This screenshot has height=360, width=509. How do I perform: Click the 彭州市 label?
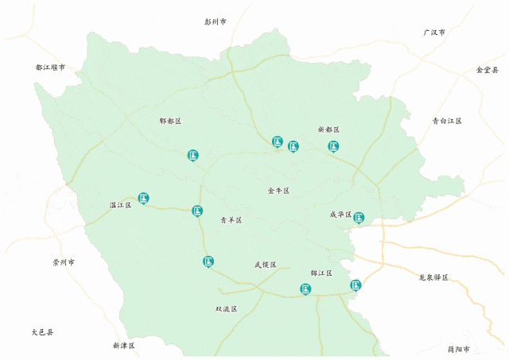(x=216, y=22)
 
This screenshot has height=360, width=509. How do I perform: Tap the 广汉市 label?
(x=434, y=33)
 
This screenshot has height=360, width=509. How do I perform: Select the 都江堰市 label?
(x=50, y=68)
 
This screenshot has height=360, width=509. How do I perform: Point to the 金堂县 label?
(x=487, y=70)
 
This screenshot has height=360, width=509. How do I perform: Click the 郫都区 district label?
(x=170, y=121)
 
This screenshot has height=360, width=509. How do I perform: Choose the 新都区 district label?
(x=328, y=129)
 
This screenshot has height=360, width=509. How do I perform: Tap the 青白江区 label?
(x=447, y=121)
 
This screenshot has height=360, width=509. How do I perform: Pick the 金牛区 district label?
(x=278, y=191)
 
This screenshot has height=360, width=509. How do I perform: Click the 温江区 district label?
(x=120, y=205)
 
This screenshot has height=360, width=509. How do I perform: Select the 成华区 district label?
(x=340, y=215)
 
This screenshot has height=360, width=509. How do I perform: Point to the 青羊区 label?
(x=231, y=220)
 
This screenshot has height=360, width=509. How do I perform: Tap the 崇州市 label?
(x=64, y=261)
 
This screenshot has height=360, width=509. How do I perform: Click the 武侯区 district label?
(x=265, y=265)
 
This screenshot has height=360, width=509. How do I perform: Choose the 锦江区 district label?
(x=321, y=273)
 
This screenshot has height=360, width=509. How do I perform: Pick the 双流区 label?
(x=226, y=308)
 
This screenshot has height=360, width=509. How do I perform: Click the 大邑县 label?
(x=42, y=332)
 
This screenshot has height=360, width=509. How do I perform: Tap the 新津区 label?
(x=123, y=346)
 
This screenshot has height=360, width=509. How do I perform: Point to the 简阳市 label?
(x=458, y=349)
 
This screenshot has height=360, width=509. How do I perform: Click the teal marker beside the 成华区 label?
(x=359, y=217)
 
